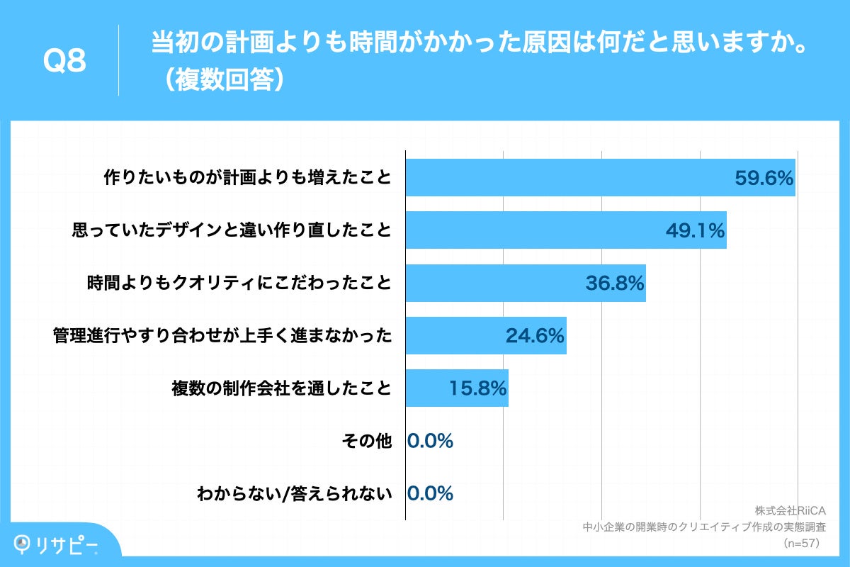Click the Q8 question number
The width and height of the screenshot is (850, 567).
click(64, 62)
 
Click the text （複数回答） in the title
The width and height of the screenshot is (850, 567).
click(222, 79)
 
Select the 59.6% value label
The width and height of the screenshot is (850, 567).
click(763, 179)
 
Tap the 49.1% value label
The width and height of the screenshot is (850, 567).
click(695, 230)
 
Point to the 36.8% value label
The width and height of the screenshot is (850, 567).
click(614, 283)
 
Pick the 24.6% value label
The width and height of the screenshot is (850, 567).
click(535, 336)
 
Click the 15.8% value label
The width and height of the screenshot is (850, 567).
click(477, 388)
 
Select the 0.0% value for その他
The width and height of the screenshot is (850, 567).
click(430, 441)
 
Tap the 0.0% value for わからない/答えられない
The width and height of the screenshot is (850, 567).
click(430, 493)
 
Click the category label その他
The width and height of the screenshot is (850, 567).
click(366, 441)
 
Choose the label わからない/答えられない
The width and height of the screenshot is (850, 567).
click(294, 494)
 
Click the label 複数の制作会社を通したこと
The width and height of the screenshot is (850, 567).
click(281, 388)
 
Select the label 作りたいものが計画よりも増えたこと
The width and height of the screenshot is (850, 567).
click(247, 178)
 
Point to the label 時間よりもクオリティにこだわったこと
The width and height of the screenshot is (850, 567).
click(239, 283)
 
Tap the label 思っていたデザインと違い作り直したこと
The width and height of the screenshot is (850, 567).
click(232, 230)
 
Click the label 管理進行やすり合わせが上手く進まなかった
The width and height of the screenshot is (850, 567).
click(222, 336)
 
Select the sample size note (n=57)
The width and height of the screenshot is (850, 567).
click(801, 543)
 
